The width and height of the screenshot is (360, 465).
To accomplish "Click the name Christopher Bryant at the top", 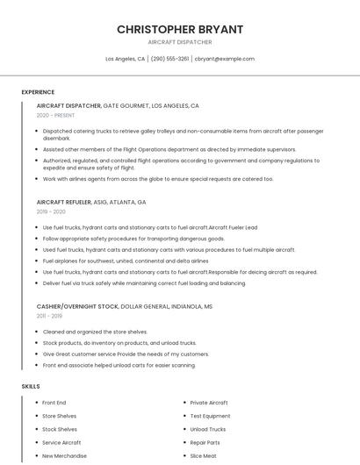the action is tap(180, 29).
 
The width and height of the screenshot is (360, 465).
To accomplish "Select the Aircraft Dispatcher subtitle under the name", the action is tap(180, 42).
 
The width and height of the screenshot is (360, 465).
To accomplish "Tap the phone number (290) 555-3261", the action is tap(169, 59).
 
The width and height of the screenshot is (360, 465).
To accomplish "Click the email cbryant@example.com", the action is tap(225, 59).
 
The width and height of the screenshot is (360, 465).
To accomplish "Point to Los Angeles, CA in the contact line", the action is tap(126, 59).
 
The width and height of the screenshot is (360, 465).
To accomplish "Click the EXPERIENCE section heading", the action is tap(38, 92).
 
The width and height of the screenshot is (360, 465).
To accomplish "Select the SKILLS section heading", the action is tap(31, 386).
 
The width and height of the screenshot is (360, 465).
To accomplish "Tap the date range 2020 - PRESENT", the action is tap(55, 115).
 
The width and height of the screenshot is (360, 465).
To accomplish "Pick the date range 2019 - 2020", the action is tap(51, 211).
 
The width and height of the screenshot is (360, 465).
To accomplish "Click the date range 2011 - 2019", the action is tap(49, 315).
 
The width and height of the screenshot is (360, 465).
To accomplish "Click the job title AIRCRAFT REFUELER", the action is tap(64, 202).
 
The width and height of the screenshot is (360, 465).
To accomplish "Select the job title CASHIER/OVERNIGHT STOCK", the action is tap(77, 305).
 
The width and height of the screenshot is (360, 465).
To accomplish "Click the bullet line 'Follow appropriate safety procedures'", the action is tap(133, 238).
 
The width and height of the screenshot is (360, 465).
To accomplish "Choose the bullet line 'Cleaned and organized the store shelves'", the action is tap(95, 331).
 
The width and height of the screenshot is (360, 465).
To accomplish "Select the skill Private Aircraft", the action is tap(210, 402).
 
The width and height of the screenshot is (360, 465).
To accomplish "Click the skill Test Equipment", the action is tap(210, 416).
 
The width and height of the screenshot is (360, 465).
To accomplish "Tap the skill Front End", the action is tap(54, 402).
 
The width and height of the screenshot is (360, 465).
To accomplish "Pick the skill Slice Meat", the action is tap(203, 456).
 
